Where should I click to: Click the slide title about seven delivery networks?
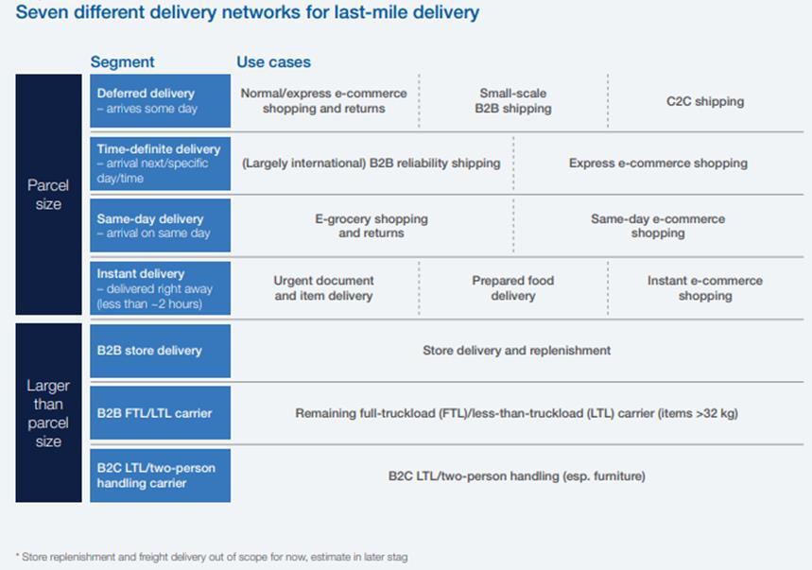(248, 13)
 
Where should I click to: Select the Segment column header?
(122, 62)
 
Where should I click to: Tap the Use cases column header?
(273, 62)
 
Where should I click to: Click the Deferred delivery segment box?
(160, 100)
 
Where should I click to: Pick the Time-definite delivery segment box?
(160, 164)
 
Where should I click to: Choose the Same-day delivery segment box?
(160, 225)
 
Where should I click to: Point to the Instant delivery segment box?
(160, 288)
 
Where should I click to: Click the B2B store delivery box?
(160, 351)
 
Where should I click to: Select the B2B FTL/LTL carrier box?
(160, 413)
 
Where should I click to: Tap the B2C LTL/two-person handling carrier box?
(160, 475)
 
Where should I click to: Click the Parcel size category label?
(48, 195)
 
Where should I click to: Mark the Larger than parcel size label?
(48, 413)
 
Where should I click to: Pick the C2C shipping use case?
(704, 101)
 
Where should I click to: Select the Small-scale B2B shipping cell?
(512, 100)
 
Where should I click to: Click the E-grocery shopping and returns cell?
(371, 225)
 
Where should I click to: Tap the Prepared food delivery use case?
(512, 287)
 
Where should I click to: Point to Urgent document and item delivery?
(323, 287)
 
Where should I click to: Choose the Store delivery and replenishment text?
(516, 350)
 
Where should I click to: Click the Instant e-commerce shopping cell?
(704, 287)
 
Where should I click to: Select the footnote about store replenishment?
(212, 557)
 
